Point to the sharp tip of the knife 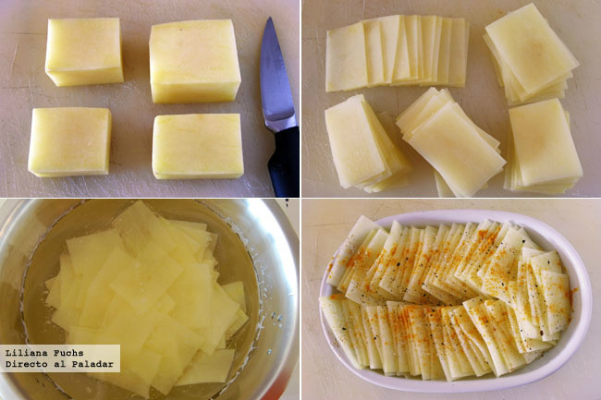pos(270,18)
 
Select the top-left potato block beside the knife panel pos(84,51)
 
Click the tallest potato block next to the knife pos(195,61)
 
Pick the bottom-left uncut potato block pos(69,142)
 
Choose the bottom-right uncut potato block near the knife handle pos(198,147)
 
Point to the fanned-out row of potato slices pos(397,53)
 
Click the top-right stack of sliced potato pos(531,55)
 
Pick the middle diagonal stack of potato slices pos(451,140)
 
